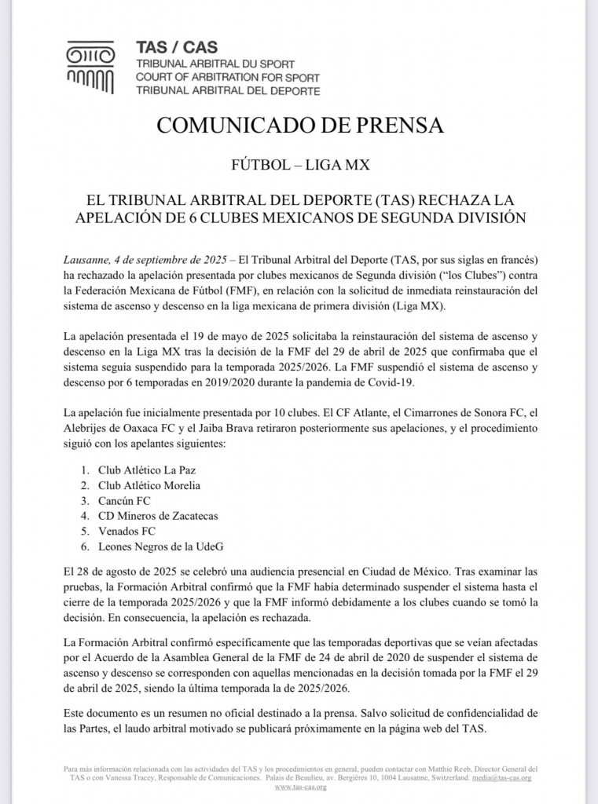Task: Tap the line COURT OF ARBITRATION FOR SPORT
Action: pos(227,77)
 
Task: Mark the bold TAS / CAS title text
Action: pos(177,48)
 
